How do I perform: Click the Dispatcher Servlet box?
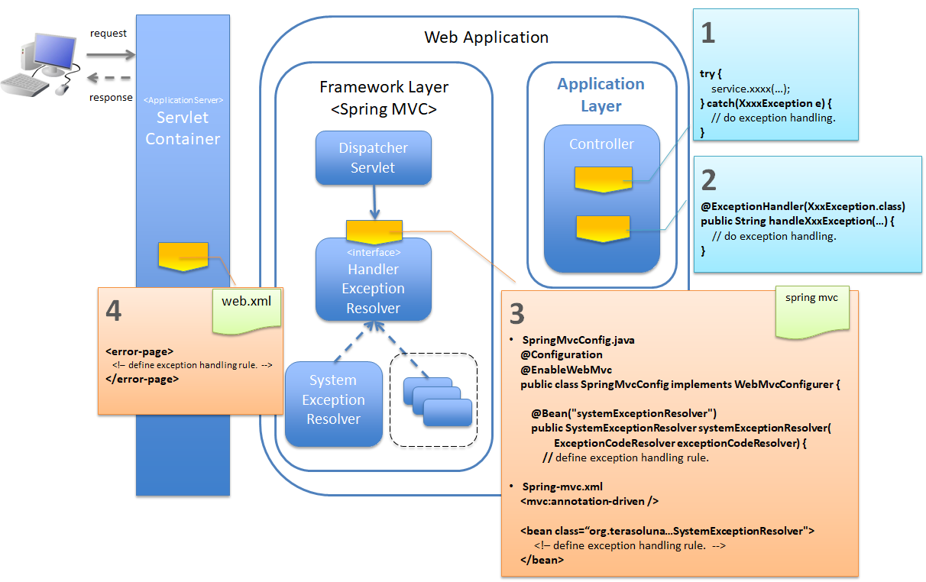click(x=374, y=158)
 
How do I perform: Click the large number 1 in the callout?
click(x=708, y=33)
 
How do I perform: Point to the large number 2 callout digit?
click(x=708, y=180)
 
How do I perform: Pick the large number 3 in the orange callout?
click(x=517, y=314)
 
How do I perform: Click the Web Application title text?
click(x=486, y=37)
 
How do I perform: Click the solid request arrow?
click(x=110, y=54)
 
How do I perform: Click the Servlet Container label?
click(x=183, y=128)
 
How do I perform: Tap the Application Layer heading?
click(x=601, y=95)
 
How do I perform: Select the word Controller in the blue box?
click(x=601, y=144)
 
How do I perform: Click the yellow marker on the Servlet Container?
click(x=183, y=255)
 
